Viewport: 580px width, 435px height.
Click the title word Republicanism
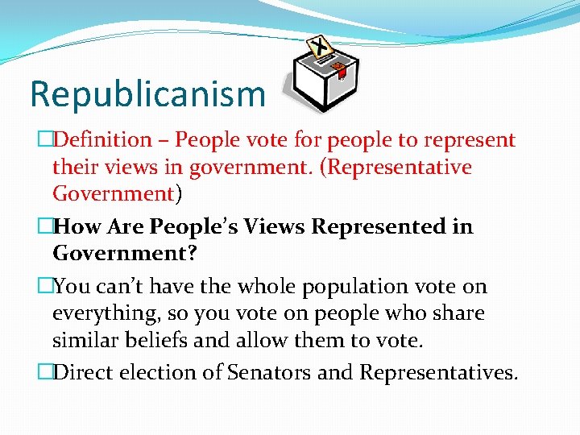[x=147, y=94]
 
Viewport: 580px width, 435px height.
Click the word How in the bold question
[x=82, y=227]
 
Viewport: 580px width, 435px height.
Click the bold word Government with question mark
[x=125, y=255]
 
